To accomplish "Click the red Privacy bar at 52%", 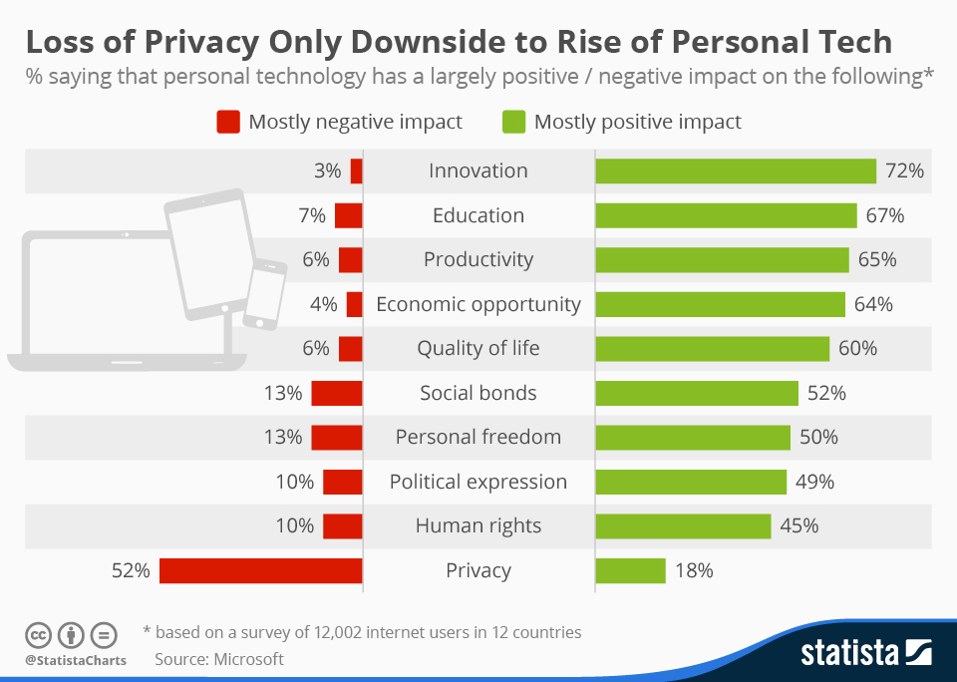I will point(260,570).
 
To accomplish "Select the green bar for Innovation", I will point(735,170).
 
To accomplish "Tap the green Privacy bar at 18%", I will point(630,570).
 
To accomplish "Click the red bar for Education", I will point(348,215).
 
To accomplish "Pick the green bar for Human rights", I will point(683,525).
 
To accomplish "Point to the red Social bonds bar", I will point(336,393).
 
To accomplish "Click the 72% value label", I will point(904,170).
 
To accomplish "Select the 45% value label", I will point(798,525).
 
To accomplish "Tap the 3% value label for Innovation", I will point(327,170).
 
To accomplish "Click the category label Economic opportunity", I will point(478,304).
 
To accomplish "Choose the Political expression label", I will point(478,482).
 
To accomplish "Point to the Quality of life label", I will point(478,348).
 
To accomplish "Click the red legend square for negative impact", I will point(228,122).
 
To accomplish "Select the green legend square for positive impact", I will point(512,122).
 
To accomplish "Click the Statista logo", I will point(865,653).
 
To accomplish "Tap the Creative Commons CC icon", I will point(39,634).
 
